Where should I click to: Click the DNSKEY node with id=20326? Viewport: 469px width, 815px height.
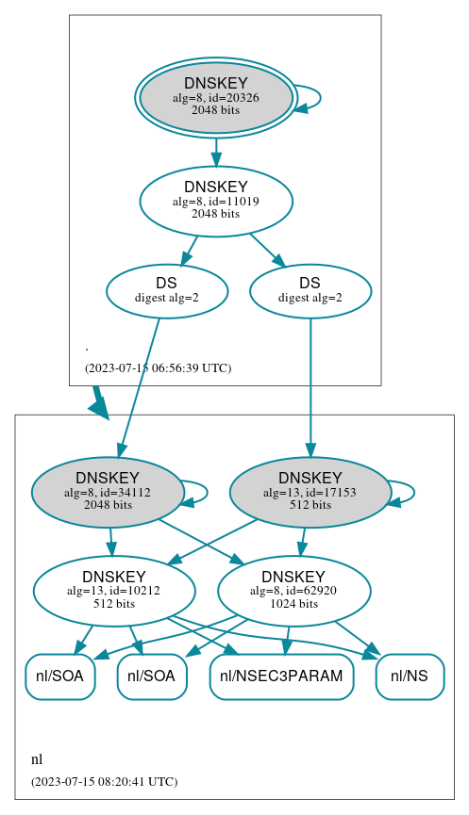tap(216, 97)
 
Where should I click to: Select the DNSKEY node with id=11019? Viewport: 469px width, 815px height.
tap(216, 201)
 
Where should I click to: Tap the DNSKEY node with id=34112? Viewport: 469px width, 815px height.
tap(108, 492)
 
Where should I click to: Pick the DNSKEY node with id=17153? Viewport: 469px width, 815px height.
tap(310, 492)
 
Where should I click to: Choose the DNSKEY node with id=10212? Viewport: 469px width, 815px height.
tap(114, 591)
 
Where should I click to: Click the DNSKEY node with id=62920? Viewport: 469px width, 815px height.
tap(293, 591)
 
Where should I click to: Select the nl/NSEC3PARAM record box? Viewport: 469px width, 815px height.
tap(281, 676)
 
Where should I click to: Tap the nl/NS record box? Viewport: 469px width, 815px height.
tap(410, 676)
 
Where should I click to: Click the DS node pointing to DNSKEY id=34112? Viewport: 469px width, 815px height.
tap(167, 290)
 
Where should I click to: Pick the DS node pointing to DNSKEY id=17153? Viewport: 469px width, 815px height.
tap(310, 290)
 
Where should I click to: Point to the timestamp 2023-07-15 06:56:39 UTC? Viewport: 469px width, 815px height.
tap(158, 367)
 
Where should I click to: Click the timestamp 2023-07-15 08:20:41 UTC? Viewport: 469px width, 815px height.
tap(104, 781)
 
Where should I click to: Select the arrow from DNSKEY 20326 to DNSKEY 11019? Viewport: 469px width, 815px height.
tap(216, 150)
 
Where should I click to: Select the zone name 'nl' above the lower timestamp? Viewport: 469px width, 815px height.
tap(37, 759)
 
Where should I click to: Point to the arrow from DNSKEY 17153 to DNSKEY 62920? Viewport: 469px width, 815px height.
tap(303, 541)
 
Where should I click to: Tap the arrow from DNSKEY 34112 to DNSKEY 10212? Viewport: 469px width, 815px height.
tap(110, 542)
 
